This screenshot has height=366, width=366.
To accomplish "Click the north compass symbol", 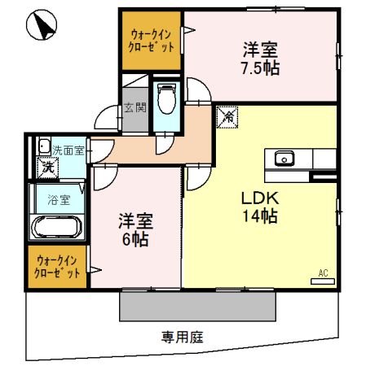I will pyautogui.click(x=42, y=28).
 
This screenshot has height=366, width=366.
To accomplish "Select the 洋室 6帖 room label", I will pyautogui.click(x=135, y=230).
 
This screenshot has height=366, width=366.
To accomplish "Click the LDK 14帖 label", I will pyautogui.click(x=258, y=207).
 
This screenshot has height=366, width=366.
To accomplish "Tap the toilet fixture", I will pyautogui.click(x=167, y=101).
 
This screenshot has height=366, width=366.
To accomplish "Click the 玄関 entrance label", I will pyautogui.click(x=134, y=107).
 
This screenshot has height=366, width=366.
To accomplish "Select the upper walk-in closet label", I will pyautogui.click(x=151, y=39).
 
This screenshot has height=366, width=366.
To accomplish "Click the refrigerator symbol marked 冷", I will pyautogui.click(x=228, y=116).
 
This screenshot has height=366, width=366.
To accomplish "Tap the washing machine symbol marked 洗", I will pyautogui.click(x=46, y=167).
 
